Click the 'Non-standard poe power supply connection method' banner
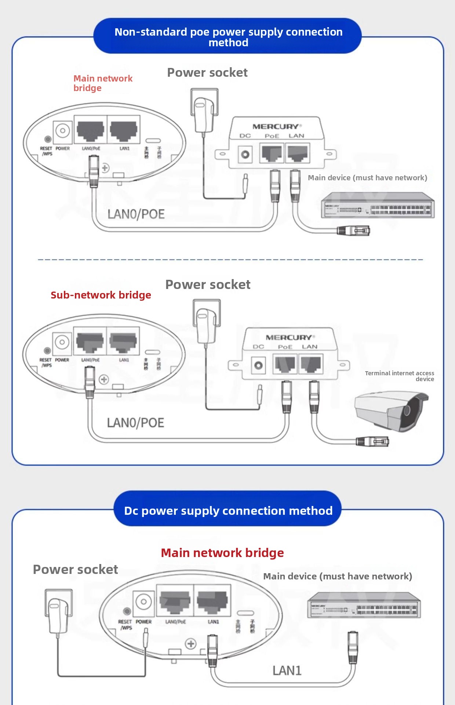[228, 37]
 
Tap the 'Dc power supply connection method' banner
[228, 510]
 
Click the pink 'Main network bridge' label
[102, 83]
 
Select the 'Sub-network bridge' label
[101, 295]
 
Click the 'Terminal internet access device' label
[400, 376]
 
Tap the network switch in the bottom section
[364, 605]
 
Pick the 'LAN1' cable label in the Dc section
[287, 670]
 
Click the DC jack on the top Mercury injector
[245, 154]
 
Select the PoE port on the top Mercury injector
[272, 153]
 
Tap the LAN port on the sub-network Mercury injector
[310, 364]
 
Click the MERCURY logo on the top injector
[276, 127]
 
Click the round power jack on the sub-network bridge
[62, 342]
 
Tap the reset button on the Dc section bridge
[127, 611]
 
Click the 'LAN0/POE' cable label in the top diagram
[136, 214]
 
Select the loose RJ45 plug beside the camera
[372, 441]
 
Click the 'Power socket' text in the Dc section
[75, 569]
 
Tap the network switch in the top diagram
[378, 206]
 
